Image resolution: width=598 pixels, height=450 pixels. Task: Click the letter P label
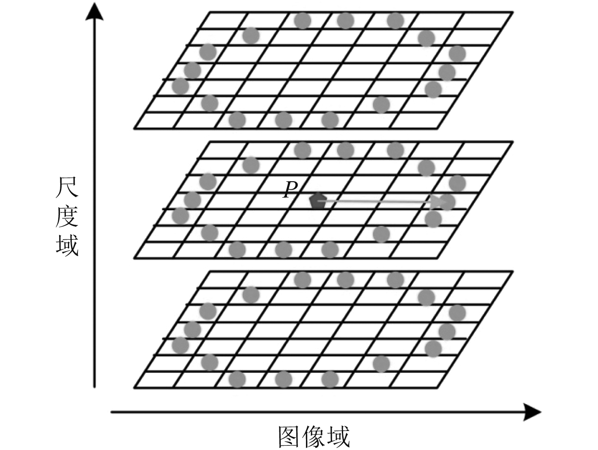click(x=290, y=190)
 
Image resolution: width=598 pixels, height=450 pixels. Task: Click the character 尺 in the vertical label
click(x=67, y=188)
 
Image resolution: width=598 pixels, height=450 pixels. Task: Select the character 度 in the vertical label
click(x=67, y=217)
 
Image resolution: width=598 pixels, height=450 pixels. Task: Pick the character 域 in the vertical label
click(x=67, y=245)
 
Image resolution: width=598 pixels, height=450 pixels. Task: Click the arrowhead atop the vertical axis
click(x=95, y=12)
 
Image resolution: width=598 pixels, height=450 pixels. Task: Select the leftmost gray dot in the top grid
click(x=181, y=86)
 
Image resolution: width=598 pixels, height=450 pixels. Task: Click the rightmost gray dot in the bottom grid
click(x=457, y=313)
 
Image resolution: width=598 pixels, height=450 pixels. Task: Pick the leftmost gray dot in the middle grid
click(x=181, y=216)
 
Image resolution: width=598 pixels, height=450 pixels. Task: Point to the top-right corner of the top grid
click(x=513, y=13)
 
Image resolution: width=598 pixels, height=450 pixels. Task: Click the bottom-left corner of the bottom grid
click(x=134, y=388)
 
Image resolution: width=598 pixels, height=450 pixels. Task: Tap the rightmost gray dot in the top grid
click(x=457, y=54)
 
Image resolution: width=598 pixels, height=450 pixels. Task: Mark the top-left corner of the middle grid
click(x=209, y=142)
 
